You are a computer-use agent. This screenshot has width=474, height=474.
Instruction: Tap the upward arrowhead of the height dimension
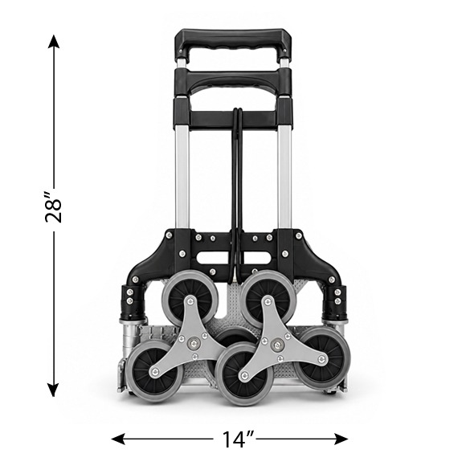coord(54,42)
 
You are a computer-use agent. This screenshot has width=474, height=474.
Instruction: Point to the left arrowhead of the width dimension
coord(118,439)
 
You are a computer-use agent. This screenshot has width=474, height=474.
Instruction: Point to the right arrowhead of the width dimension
coord(341,439)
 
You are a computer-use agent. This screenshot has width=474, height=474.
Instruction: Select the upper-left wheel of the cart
coord(190,297)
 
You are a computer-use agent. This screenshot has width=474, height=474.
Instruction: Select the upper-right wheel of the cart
coord(268,297)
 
